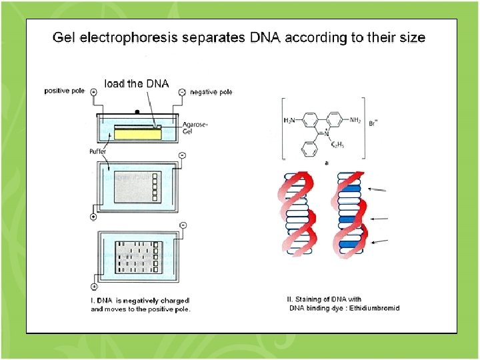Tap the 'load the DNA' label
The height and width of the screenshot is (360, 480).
137,83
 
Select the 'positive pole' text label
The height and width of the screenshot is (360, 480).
65,91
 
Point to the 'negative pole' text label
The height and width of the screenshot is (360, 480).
211,92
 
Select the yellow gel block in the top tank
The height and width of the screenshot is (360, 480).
137,133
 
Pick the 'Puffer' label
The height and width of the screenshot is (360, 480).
99,151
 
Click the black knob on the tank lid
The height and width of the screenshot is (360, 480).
137,111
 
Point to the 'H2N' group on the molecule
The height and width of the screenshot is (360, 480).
290,120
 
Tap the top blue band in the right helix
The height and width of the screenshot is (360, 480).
350,189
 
